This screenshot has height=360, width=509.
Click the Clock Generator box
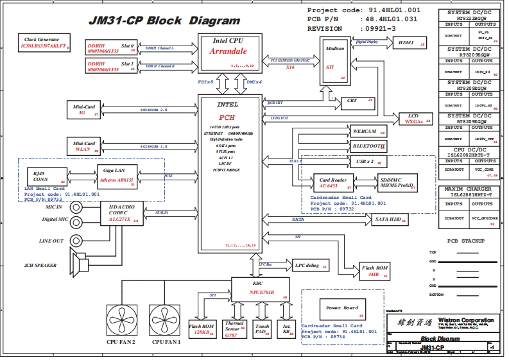pos(44,44)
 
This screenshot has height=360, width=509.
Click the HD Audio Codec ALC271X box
pos(121,214)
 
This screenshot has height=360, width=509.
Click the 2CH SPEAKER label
pos(40,265)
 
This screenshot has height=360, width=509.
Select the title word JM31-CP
pos(114,21)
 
